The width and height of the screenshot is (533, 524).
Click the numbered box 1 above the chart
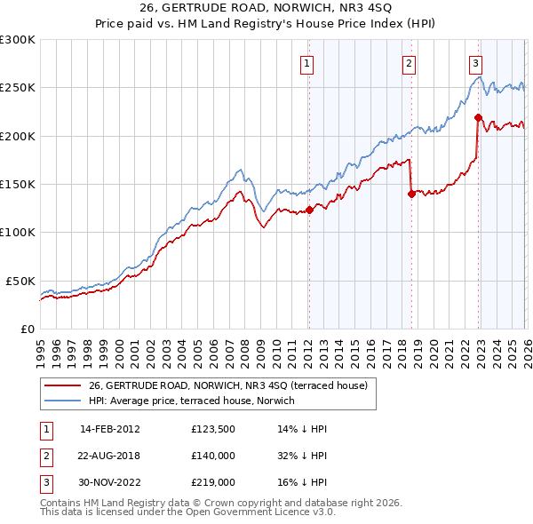point(306,63)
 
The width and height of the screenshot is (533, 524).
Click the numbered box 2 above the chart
point(409,63)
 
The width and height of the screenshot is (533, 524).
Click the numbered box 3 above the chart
point(475,63)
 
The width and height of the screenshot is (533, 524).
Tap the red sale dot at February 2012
point(309,210)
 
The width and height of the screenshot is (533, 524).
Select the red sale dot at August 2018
point(411,195)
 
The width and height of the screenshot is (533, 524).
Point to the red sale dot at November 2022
point(478,117)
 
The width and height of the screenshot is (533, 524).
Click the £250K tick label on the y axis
point(17,88)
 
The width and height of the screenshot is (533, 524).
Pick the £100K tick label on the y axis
point(17,233)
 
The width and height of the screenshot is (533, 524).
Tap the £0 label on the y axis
point(28,329)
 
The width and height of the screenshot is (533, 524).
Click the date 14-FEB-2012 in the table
point(109,429)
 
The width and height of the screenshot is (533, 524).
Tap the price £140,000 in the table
point(212,456)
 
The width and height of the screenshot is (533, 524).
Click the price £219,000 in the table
point(212,482)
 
